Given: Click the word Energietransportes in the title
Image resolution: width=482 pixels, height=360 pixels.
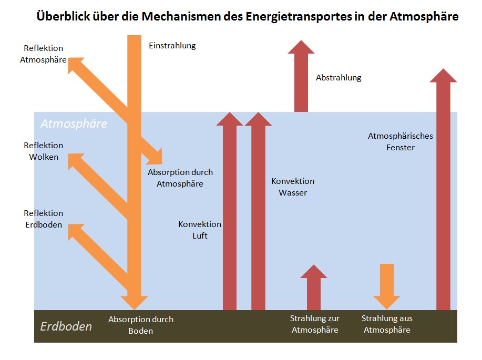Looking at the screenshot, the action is tap(299, 16).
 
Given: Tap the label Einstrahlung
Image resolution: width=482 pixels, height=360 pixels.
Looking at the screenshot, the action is tap(172, 46).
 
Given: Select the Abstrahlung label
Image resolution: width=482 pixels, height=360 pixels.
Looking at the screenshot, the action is tap(339, 77).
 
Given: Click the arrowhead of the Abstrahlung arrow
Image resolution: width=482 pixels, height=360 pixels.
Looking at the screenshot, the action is tap(301, 47).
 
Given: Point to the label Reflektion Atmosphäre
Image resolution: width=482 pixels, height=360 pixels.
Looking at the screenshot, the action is tap(43, 54).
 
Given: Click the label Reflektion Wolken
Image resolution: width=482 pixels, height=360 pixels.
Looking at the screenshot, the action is tap(43, 151).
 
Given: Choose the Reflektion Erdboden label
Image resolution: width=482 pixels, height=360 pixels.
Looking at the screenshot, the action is tap(43, 219).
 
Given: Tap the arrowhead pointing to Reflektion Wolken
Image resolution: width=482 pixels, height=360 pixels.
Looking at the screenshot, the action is tap(74, 160).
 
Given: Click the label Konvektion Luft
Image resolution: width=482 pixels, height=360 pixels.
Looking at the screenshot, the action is tap(200, 230).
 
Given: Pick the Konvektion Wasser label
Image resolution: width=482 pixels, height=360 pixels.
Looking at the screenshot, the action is tap(293, 187).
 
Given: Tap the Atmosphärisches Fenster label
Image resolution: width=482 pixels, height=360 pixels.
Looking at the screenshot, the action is tap(400, 142).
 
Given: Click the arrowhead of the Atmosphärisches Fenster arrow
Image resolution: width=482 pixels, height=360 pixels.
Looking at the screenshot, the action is tap(443, 75).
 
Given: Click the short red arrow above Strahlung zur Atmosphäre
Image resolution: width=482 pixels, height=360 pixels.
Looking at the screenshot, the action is tap(314, 287).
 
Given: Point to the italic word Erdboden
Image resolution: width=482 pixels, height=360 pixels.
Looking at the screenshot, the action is tap(66, 326).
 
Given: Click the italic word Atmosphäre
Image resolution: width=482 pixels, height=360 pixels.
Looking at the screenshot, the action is tap(74, 124).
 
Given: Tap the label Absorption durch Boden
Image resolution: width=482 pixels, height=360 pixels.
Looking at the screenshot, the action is tap(141, 325).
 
